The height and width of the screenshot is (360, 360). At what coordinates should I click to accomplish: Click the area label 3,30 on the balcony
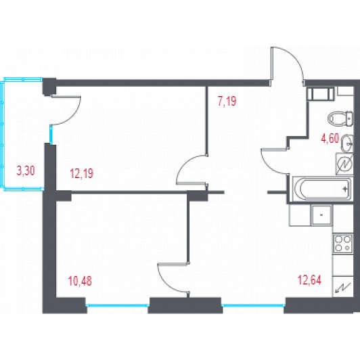pyautogui.click(x=26, y=171)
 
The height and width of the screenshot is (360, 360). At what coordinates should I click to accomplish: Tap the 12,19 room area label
pyautogui.click(x=82, y=173)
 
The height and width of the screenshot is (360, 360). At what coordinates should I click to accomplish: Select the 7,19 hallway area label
pyautogui.click(x=227, y=101)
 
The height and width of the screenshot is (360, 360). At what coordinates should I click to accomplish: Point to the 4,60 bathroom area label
pyautogui.click(x=330, y=139)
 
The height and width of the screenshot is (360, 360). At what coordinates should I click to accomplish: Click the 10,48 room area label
pyautogui.click(x=80, y=281)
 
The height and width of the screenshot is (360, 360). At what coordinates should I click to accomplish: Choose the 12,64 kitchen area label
pyautogui.click(x=309, y=280)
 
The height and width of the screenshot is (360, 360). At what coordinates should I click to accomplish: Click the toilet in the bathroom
pyautogui.click(x=340, y=118)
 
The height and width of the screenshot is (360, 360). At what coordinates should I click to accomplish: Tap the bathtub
pyautogui.click(x=322, y=189)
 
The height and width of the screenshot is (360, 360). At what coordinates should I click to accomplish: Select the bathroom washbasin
pyautogui.click(x=347, y=143)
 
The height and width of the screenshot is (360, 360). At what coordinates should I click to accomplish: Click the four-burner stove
pyautogui.click(x=343, y=244)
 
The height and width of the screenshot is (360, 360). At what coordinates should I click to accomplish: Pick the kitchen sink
pyautogui.click(x=321, y=215)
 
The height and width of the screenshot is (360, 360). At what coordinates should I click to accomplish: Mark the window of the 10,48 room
pyautogui.click(x=118, y=305)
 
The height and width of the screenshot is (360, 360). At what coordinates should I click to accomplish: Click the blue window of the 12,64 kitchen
pyautogui.click(x=253, y=305)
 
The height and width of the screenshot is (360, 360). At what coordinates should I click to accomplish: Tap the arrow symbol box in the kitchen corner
pyautogui.click(x=343, y=287)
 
